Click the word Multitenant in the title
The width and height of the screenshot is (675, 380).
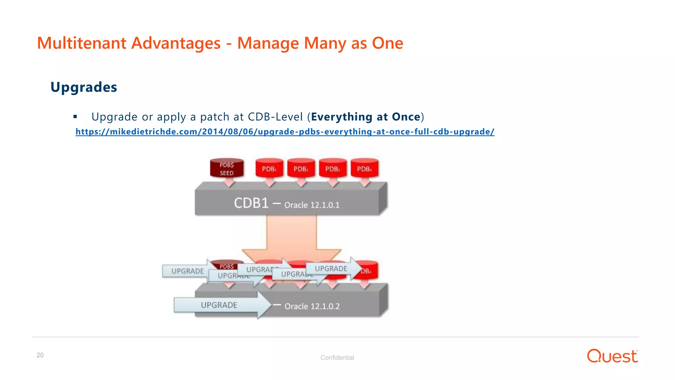(81, 43)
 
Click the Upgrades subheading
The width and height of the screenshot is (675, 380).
(84, 87)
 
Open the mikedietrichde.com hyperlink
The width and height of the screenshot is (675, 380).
(285, 132)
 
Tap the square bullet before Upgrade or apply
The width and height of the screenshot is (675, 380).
(75, 116)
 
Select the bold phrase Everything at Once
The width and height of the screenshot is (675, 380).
(366, 117)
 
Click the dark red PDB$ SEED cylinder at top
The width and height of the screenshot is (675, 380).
(227, 169)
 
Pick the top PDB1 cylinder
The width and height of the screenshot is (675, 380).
(269, 169)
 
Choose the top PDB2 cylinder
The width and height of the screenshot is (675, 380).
(301, 169)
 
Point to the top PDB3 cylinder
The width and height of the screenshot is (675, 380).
(333, 169)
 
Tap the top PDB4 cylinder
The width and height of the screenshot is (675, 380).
(364, 169)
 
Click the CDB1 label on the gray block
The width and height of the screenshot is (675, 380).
(251, 203)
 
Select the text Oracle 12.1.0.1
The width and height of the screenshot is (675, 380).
(312, 205)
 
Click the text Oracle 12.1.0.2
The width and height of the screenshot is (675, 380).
(312, 306)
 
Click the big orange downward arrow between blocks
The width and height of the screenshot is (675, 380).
(291, 237)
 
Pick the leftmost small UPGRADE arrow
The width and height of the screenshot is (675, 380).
(187, 271)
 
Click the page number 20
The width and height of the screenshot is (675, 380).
(40, 355)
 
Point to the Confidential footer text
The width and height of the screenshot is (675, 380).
(337, 358)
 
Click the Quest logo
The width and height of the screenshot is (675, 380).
(612, 356)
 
